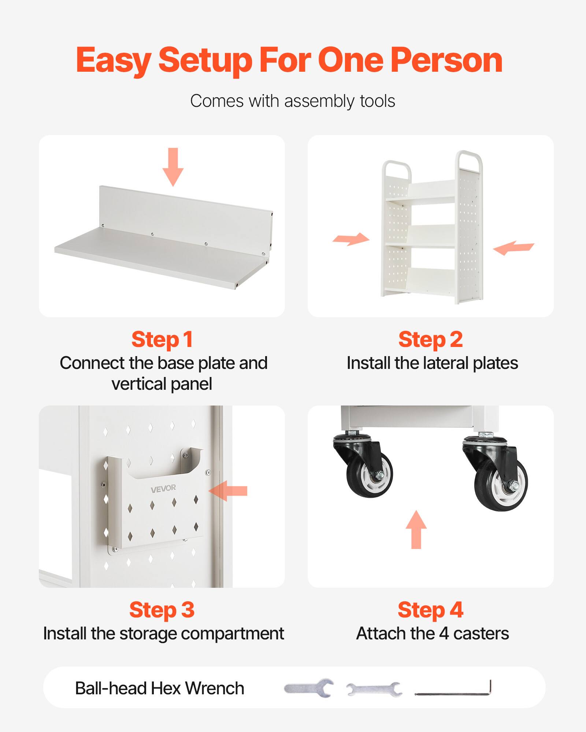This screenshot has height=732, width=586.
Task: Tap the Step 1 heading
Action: point(162,339)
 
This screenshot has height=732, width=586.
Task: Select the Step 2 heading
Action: point(430,339)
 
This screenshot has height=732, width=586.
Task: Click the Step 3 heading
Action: point(162,610)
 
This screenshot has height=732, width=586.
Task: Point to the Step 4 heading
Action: point(430,610)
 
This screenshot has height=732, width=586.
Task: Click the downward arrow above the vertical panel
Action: point(173,167)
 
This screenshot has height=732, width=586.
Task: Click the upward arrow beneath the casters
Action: point(416,530)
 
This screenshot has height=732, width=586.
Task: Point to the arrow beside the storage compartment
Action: point(229,490)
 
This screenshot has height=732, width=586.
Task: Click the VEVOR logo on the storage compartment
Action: point(163,488)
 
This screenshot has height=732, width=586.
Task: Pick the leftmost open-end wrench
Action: point(308,688)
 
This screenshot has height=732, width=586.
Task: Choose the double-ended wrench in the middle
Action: point(374,689)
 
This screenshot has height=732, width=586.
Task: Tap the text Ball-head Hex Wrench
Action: point(159,688)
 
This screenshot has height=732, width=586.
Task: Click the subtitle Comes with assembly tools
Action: point(292,101)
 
